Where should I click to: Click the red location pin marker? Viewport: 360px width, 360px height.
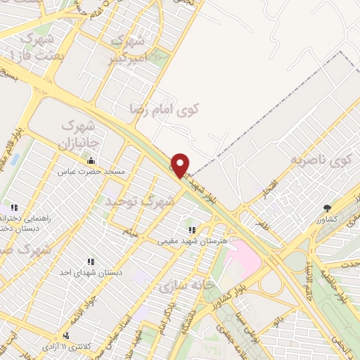[x=181, y=165]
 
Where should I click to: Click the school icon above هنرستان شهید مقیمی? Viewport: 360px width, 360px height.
[x=191, y=229]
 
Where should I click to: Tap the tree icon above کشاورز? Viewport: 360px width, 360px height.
[x=328, y=208]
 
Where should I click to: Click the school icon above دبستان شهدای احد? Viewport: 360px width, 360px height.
[x=90, y=261]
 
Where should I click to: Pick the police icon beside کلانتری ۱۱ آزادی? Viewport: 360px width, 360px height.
[x=66, y=335]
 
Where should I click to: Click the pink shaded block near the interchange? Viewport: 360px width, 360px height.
[x=243, y=254]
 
